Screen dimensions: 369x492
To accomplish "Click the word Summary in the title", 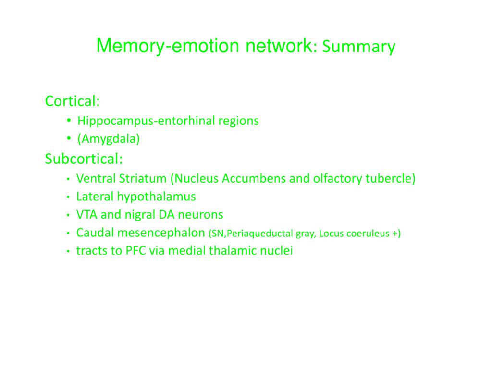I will pos(359,47).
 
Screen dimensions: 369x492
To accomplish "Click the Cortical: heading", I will pos(72,101).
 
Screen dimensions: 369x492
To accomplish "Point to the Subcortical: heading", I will pos(84,159).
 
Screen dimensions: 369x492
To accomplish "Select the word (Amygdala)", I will pos(109,139).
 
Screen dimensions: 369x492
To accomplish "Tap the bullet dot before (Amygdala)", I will pos(69,139).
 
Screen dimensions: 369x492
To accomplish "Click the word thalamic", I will pos(233,251).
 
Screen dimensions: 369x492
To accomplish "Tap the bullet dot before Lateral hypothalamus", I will pos(69,197).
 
